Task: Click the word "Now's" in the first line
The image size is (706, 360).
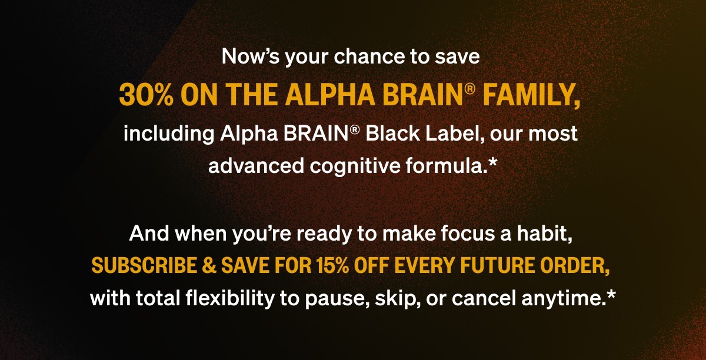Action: coord(250,56)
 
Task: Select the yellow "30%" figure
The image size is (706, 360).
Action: coord(146,95)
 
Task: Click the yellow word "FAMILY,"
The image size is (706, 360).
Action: coord(531,95)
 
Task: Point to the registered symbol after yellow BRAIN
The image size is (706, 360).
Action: coord(469,89)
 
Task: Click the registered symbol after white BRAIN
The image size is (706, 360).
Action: coord(354,130)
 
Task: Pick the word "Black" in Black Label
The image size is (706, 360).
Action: coord(393,134)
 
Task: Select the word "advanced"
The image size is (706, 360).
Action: coord(256,165)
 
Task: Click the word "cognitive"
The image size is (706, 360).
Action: coord(355,166)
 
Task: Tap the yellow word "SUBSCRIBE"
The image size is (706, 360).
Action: coord(144,265)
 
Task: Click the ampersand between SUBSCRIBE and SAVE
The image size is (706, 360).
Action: coord(209,265)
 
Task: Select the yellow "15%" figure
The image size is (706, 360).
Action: coord(333,265)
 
